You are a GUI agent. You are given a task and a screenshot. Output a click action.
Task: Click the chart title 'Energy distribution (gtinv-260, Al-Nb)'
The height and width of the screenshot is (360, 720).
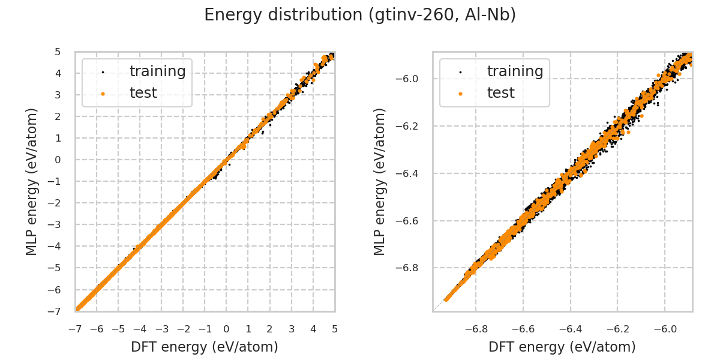tap(360, 15)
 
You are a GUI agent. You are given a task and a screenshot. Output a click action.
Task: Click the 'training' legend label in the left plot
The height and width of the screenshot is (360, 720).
tap(157, 71)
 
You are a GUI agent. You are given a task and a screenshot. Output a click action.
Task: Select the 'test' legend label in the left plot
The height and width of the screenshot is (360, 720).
tap(143, 93)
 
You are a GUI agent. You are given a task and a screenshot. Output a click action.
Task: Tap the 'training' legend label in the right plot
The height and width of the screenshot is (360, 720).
tap(515, 71)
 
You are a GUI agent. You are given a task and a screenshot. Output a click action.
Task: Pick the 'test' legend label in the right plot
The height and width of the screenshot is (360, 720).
tap(500, 93)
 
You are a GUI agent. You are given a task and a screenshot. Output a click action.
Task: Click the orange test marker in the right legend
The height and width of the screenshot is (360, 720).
tap(460, 94)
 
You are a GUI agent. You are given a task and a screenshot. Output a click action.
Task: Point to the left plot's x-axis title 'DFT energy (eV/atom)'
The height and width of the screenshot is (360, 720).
tap(205, 347)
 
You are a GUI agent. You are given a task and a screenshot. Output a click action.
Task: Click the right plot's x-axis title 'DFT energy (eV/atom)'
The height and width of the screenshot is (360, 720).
tap(562, 347)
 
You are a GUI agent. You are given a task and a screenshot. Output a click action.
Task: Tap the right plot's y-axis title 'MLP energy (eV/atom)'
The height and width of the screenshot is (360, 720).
tap(380, 181)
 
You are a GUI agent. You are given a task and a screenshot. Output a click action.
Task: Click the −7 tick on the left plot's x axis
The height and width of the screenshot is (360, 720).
tap(75, 329)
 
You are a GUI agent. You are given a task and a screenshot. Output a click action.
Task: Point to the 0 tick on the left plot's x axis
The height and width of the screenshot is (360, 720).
tap(226, 329)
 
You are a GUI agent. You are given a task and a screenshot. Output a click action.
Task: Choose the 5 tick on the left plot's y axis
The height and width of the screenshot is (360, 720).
tap(58, 52)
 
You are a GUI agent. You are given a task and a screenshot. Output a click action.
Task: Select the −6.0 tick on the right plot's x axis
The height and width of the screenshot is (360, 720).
tap(665, 329)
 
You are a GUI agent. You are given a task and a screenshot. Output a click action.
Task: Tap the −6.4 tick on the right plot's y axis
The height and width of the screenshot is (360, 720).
tap(410, 173)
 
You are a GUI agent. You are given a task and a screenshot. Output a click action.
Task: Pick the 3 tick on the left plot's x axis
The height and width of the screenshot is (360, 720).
tap(292, 329)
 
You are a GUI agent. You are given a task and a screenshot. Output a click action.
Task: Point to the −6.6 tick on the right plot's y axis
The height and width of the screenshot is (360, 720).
tap(410, 221)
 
